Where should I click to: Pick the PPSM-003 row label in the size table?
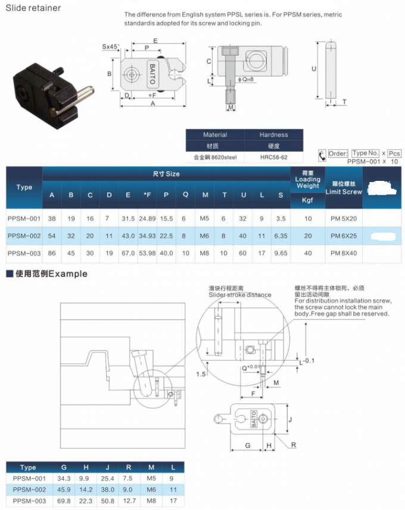(24, 253)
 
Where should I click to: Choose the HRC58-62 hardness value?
(273, 158)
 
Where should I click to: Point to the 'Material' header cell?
(215, 135)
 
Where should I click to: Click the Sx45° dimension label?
(110, 46)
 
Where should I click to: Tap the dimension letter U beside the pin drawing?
(314, 69)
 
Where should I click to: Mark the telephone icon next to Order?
(322, 155)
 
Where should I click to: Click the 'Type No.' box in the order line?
(365, 153)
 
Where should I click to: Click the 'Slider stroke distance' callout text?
(239, 295)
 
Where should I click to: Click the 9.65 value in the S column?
(280, 253)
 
